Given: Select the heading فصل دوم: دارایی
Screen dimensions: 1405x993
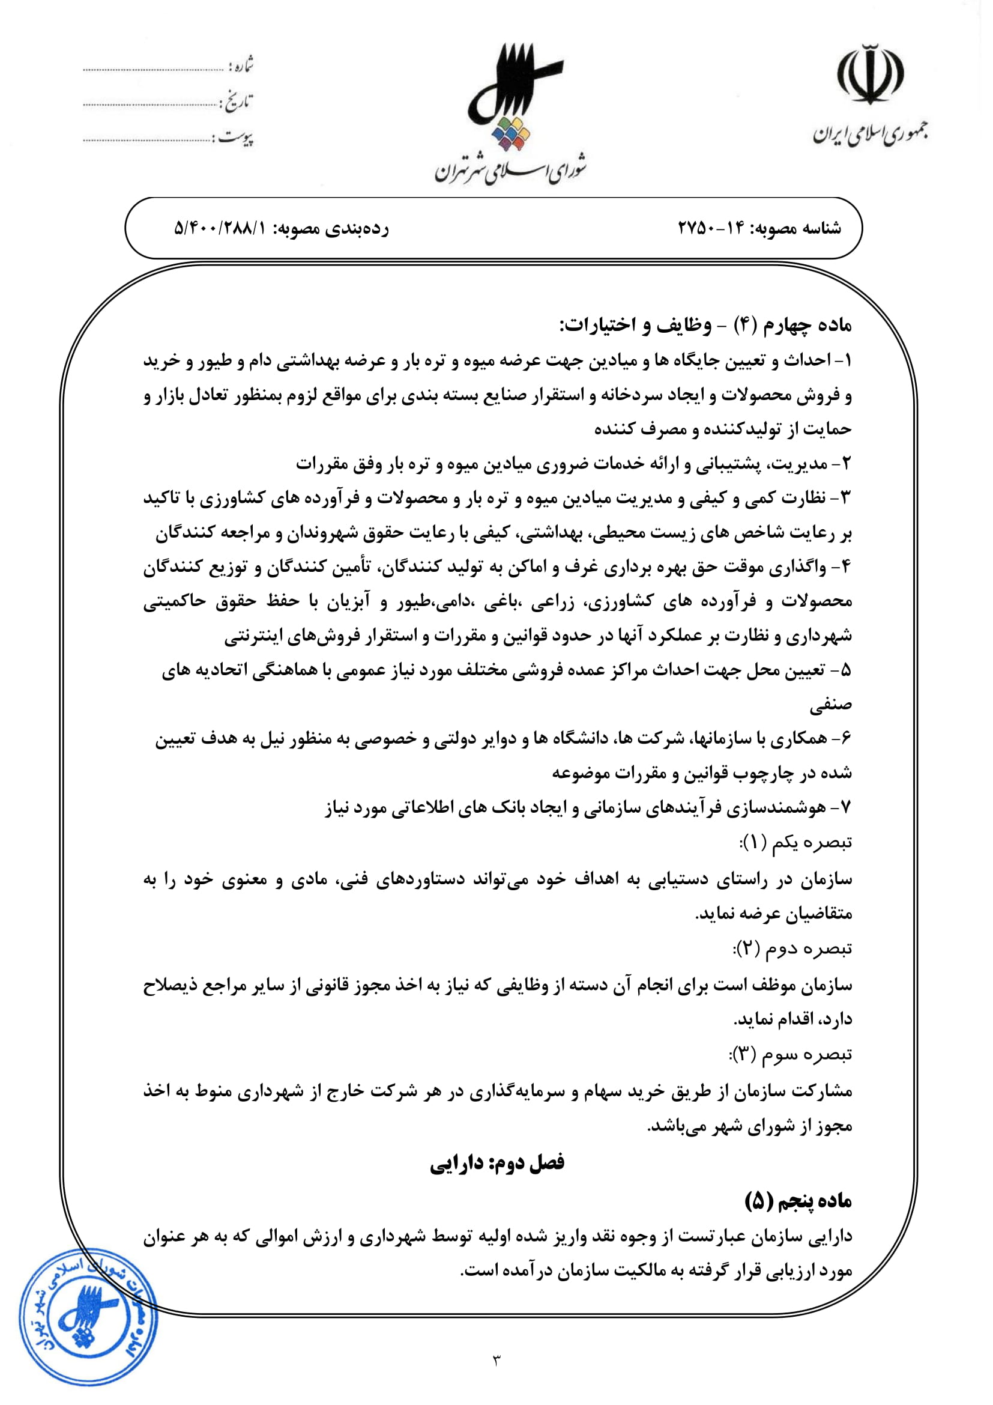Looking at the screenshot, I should coord(496,1163).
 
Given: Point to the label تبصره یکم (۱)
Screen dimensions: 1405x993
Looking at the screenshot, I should coord(795,843).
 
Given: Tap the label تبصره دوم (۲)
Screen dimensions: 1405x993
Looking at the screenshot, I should coord(792,948).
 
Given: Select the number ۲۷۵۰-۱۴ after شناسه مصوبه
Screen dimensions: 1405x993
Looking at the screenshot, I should coord(710,228).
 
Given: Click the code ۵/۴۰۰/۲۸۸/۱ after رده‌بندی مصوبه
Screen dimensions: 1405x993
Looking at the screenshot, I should coord(221,228).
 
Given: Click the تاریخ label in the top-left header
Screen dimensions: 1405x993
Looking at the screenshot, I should coord(237,102).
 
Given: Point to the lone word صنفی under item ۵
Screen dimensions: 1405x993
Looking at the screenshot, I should coord(830,706).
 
